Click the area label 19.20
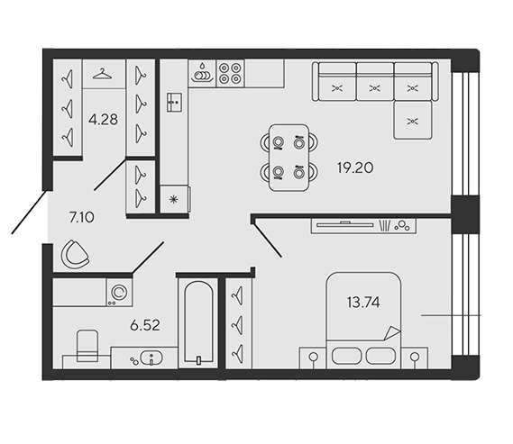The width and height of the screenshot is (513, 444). [x=355, y=168]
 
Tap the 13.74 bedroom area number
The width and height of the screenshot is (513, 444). [x=363, y=303]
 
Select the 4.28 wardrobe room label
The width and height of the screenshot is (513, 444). [x=103, y=120]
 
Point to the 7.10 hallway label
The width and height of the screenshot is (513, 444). [x=82, y=217]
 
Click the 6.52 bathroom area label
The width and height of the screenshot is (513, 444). [x=145, y=325]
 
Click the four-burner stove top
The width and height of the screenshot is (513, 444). [x=230, y=73]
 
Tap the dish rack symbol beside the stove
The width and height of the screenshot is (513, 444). [x=202, y=74]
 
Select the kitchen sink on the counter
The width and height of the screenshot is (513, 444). [x=174, y=103]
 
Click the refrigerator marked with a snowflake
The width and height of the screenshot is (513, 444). [x=175, y=199]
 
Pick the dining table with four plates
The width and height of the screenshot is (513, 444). [x=289, y=158]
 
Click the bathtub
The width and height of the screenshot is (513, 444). [x=198, y=322]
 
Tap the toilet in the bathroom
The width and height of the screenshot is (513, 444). [x=87, y=346]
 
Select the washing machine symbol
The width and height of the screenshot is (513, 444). [x=119, y=293]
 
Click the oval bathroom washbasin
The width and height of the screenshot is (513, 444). [x=151, y=358]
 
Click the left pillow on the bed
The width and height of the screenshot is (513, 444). [x=346, y=356]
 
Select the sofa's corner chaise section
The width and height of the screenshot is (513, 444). [x=413, y=120]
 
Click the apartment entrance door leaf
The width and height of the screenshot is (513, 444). [x=30, y=212]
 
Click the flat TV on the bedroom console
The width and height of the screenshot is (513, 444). [x=345, y=224]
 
